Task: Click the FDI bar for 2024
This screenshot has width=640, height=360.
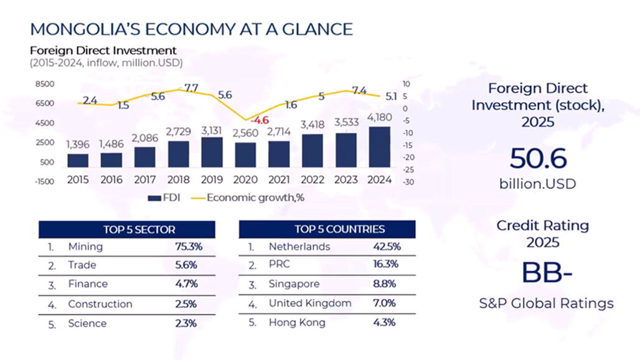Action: pyautogui.click(x=380, y=148)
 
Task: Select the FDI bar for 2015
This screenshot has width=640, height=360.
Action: pyautogui.click(x=78, y=161)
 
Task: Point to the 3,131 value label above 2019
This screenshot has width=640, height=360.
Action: pyautogui.click(x=212, y=130)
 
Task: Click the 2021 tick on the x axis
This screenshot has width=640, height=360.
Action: pyautogui.click(x=279, y=180)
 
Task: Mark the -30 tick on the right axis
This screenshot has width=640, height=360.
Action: pyautogui.click(x=408, y=182)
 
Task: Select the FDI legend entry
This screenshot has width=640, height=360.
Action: pyautogui.click(x=164, y=197)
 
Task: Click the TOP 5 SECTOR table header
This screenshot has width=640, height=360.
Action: pyautogui.click(x=126, y=229)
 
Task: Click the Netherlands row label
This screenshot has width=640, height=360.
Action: pyautogui.click(x=299, y=247)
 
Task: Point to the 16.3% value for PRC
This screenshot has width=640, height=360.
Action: pyautogui.click(x=386, y=265)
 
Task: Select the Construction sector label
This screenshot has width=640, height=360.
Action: pyautogui.click(x=100, y=304)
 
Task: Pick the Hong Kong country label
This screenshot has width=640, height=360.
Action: pyautogui.click(x=297, y=323)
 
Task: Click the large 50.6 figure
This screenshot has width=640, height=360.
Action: pyautogui.click(x=537, y=159)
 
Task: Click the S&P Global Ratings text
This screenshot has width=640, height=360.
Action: pyautogui.click(x=546, y=303)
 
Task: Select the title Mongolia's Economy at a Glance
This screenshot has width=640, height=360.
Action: pyautogui.click(x=192, y=29)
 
